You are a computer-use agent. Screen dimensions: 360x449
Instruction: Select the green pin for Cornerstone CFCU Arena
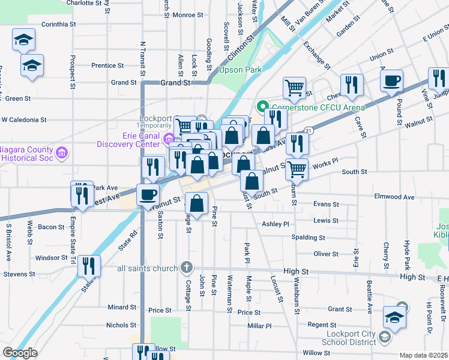(x=261, y=107)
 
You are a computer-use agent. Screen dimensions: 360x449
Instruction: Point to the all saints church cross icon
(x=187, y=267)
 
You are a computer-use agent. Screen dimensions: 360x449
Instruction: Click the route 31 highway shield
(x=308, y=130)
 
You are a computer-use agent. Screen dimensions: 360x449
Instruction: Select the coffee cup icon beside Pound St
(x=391, y=81)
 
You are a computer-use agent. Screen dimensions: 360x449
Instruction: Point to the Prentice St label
(x=107, y=65)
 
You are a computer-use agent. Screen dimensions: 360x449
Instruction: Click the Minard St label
(x=122, y=307)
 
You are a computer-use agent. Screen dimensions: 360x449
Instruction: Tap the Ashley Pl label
(x=276, y=224)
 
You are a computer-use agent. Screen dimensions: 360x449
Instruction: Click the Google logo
(x=19, y=353)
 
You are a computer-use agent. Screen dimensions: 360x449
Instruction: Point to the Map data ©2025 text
(x=424, y=355)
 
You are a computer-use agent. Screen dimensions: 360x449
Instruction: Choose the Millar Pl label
(x=259, y=326)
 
